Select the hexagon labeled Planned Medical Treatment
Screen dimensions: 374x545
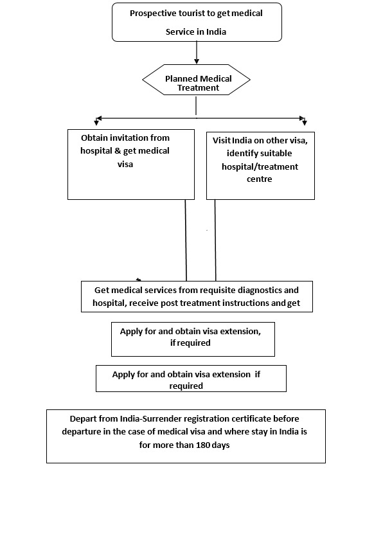coord(196,80)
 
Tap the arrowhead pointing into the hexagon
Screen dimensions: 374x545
coord(197,61)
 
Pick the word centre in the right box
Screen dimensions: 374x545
coord(260,179)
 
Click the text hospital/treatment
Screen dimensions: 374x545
coord(260,167)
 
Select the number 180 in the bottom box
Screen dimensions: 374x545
coord(202,445)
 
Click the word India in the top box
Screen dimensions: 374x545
coord(216,31)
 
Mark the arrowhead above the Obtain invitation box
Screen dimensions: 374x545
coord(97,121)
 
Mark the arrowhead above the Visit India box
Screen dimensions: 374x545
coord(305,121)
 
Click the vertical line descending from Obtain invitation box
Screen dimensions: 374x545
coord(186,240)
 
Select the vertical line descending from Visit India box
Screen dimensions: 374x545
coord(215,240)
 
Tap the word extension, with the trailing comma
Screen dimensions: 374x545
coord(240,331)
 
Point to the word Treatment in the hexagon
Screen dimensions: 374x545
coord(198,88)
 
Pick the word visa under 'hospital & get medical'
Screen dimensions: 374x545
coord(125,164)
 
